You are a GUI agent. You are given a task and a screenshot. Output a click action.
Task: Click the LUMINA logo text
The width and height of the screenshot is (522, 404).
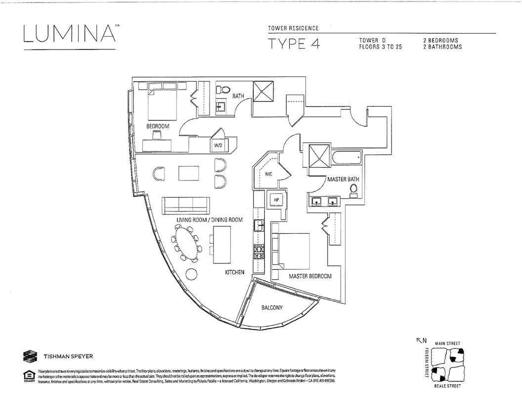[69, 34]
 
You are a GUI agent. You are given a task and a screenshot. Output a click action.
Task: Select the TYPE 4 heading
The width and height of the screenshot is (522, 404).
[294, 44]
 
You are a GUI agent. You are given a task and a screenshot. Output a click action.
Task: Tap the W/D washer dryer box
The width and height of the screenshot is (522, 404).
[218, 146]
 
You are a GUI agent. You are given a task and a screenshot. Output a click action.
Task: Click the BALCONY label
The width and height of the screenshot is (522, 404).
[272, 308]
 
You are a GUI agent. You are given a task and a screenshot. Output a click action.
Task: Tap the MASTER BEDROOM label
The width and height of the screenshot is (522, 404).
[310, 276]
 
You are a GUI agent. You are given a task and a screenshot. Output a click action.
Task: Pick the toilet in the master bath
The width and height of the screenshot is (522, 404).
[353, 191]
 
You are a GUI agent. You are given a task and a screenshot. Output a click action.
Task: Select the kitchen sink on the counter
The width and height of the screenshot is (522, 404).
[258, 225]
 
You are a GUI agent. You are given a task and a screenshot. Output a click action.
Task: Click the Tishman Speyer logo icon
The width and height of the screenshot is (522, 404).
[29, 356]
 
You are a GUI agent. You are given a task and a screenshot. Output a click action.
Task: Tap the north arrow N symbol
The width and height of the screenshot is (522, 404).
[421, 341]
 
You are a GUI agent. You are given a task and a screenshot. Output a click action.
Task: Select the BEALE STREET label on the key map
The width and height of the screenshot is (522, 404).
[447, 386]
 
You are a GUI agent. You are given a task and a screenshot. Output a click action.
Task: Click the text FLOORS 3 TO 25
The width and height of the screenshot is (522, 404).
[380, 47]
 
